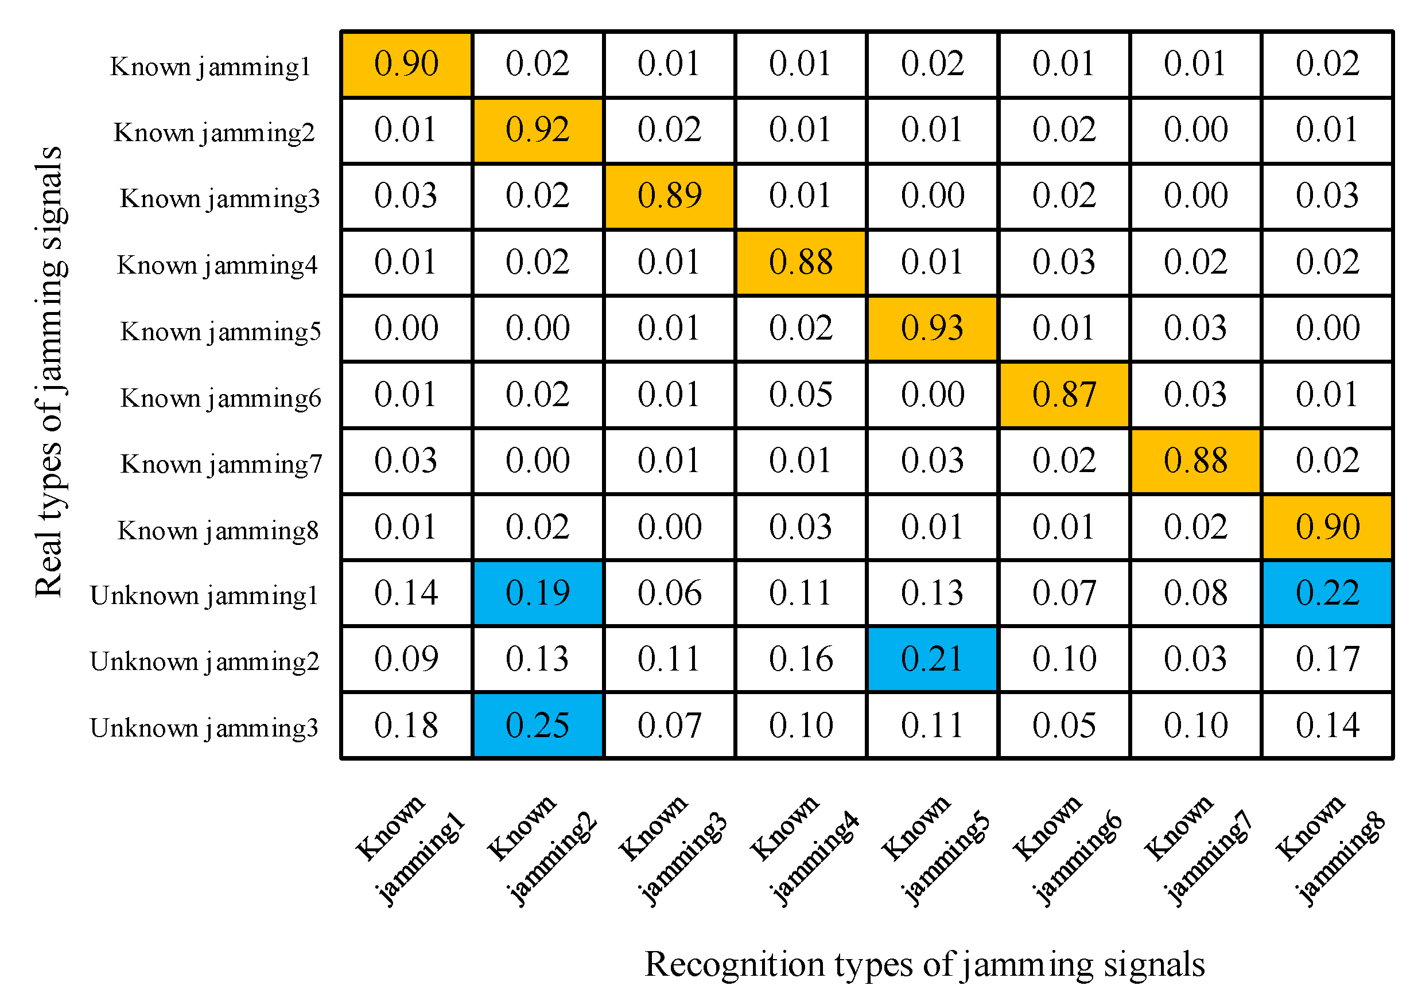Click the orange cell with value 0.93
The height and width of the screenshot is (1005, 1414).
pos(932,329)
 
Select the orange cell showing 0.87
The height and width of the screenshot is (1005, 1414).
pos(1063,395)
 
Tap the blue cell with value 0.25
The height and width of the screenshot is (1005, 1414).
pos(537,725)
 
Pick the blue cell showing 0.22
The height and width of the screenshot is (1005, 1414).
pos(1327,593)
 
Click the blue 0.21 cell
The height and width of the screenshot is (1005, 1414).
pos(932,659)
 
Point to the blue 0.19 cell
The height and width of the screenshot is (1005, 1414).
pos(537,593)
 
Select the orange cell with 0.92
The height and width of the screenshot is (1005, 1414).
pos(537,130)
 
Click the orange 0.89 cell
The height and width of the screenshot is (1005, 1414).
pos(669,196)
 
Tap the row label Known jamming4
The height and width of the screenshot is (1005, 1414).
pos(217,266)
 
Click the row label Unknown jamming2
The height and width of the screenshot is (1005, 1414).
pos(204,661)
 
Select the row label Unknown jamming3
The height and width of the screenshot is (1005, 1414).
pos(204,728)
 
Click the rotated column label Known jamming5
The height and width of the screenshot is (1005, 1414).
pos(935,851)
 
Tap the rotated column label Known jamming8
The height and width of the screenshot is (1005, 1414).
pos(1329,851)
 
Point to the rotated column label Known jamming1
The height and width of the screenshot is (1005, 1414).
pos(409,851)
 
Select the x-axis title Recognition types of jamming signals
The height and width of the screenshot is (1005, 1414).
pos(924,964)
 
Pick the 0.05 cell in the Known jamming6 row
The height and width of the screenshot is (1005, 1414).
pos(801,395)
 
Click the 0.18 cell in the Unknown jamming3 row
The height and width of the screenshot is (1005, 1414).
pos(406,725)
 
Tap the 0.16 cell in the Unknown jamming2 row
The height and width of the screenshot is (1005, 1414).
pos(801,659)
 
